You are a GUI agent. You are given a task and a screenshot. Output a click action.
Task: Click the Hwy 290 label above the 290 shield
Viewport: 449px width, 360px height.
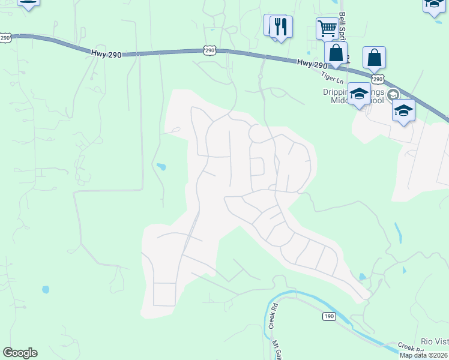click(x=107, y=54)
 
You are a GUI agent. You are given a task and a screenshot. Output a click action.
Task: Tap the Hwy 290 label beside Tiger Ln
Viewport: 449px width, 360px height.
click(x=312, y=64)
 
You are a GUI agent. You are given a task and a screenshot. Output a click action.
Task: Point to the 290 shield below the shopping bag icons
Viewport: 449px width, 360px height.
click(x=376, y=79)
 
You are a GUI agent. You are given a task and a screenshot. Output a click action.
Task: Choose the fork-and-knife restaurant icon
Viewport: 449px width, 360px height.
click(x=280, y=26)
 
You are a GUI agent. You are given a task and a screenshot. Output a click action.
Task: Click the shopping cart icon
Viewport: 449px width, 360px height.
click(x=327, y=28)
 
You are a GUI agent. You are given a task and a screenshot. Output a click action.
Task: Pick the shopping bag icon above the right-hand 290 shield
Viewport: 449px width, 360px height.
click(x=374, y=58)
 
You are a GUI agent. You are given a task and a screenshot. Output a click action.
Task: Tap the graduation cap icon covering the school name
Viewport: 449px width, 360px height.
click(x=359, y=94)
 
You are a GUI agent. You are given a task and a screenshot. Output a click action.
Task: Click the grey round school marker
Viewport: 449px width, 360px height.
click(x=393, y=94)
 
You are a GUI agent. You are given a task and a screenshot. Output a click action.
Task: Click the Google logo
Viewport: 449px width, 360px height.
click(x=20, y=353)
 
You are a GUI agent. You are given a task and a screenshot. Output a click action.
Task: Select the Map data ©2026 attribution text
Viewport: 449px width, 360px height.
click(x=423, y=355)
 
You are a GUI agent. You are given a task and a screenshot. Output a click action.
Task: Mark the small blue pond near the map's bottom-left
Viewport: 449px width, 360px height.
click(x=46, y=289)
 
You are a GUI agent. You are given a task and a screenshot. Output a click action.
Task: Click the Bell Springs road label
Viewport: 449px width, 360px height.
click(x=343, y=24)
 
